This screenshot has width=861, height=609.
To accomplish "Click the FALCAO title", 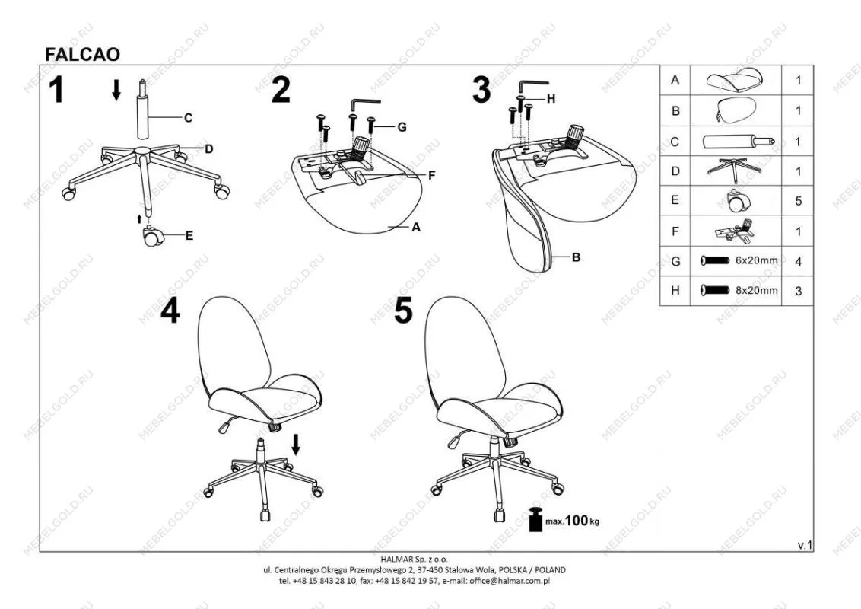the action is [x=82, y=54].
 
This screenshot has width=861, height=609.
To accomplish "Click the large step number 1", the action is [x=56, y=90].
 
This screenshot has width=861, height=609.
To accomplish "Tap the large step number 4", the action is [x=170, y=311].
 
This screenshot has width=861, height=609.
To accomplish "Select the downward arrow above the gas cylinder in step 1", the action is [x=116, y=90].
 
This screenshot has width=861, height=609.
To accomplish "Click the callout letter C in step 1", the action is [x=188, y=118].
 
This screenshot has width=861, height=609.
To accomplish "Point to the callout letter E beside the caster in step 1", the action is [x=189, y=236].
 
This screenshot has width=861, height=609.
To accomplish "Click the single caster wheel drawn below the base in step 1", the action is [x=152, y=236].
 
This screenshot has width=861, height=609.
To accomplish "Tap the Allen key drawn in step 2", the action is [x=365, y=104].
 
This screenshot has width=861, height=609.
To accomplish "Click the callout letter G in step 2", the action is [x=402, y=127].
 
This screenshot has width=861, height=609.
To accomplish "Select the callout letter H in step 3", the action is [x=551, y=98].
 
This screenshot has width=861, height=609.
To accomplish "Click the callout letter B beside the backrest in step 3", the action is [x=576, y=257].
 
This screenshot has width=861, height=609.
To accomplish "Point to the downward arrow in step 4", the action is [x=296, y=445].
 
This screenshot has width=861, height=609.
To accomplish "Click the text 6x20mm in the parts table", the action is [x=757, y=260].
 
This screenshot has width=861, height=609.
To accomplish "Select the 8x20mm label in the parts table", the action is [x=757, y=290].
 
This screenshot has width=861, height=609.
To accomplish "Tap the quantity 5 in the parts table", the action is [x=799, y=201].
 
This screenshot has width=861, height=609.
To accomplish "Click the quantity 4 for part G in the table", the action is [x=799, y=262].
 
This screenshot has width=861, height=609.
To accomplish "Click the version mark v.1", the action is [x=805, y=545].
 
